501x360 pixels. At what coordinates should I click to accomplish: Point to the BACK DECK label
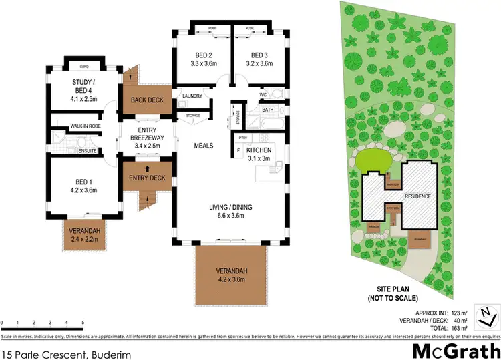click(146, 100)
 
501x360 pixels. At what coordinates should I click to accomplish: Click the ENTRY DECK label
click(146, 178)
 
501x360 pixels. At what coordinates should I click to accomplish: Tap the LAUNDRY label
click(192, 96)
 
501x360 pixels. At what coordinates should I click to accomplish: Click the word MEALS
click(203, 144)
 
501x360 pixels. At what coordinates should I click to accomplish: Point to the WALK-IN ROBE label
click(85, 125)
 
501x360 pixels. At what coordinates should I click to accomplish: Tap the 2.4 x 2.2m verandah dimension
click(85, 238)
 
